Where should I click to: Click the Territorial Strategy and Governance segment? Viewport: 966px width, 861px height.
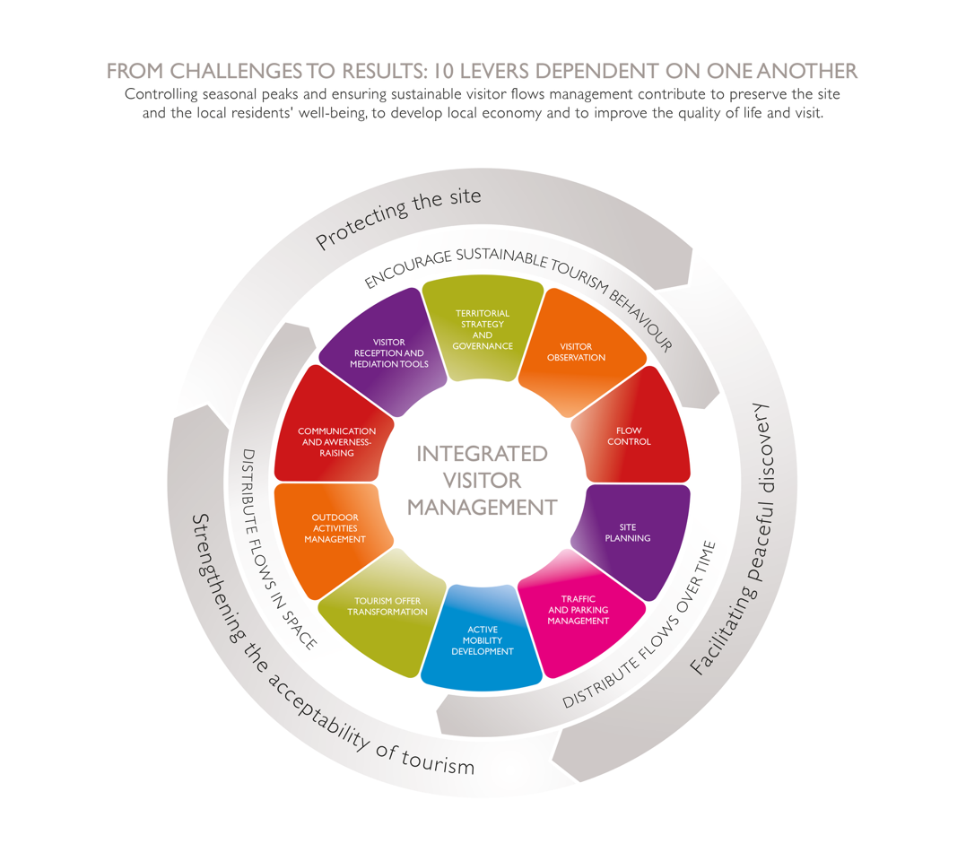tap(483, 329)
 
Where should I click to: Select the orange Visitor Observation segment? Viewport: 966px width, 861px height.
tap(582, 352)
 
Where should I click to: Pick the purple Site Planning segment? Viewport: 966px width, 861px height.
tap(635, 533)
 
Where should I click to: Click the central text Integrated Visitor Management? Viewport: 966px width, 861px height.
tap(483, 480)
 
